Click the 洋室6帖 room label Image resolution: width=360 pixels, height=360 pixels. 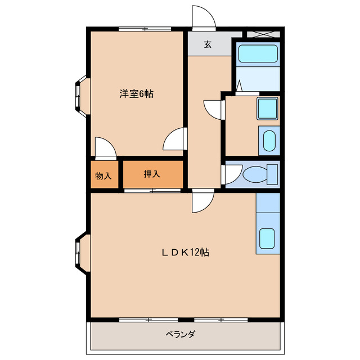[x=136, y=94]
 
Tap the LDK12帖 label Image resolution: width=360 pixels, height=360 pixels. [x=186, y=253]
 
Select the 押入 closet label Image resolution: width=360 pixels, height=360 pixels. [x=152, y=174]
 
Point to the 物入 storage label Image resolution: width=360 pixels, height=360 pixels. [x=103, y=176]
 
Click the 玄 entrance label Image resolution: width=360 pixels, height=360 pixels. [x=208, y=45]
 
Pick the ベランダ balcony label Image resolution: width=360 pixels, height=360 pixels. [x=181, y=334]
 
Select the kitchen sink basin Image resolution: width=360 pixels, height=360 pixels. [x=267, y=240]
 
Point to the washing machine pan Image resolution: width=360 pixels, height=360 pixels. [x=269, y=141]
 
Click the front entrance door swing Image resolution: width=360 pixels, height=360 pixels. [x=202, y=17]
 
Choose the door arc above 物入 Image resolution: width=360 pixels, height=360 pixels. [x=105, y=148]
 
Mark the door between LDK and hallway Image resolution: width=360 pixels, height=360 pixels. [x=202, y=202]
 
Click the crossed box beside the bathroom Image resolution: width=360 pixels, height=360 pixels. [x=263, y=33]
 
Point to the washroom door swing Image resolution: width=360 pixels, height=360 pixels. [x=214, y=109]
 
